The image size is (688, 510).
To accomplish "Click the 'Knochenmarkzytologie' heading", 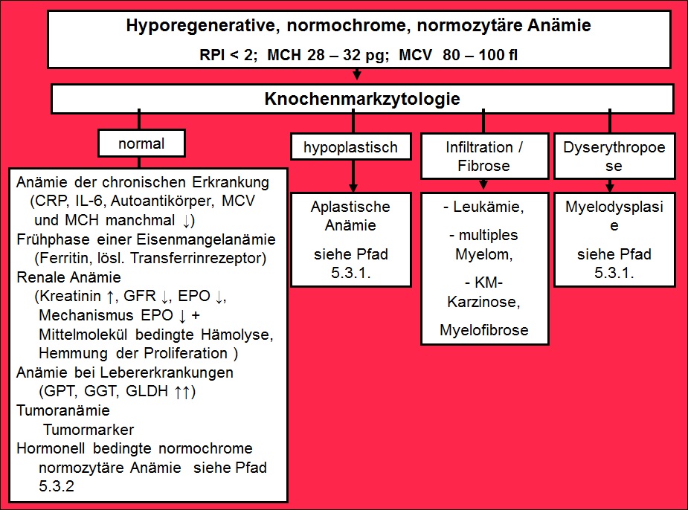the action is [x=362, y=99].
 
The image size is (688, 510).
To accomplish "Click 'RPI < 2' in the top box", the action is [x=228, y=55].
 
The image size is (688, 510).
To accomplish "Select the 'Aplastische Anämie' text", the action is [x=350, y=216].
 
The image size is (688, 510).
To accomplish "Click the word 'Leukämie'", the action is [x=488, y=207].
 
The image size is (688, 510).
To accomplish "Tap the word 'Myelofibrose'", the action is [x=484, y=330].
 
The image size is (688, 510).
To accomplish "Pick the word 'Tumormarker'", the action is [x=89, y=430].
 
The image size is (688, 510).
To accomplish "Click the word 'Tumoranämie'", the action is [x=63, y=410].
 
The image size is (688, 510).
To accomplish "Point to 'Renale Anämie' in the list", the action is [x=69, y=277].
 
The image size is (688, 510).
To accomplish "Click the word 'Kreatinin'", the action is [x=70, y=296].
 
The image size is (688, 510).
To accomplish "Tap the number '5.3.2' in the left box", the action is [x=57, y=486].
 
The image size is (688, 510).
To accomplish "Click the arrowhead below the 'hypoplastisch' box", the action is [x=353, y=188].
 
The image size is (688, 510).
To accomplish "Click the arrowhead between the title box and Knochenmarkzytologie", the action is [x=357, y=75].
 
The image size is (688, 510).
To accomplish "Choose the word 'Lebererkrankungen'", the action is [x=167, y=372].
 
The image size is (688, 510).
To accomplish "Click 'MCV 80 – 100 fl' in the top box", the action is [x=458, y=55].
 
